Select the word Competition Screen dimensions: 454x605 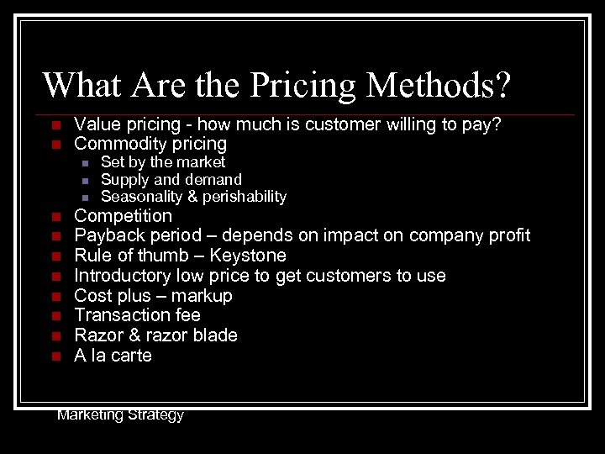[123, 215]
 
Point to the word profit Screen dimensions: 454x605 [508, 235]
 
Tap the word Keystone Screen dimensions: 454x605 [248, 256]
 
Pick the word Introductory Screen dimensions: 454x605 [123, 276]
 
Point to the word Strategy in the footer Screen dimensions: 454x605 [153, 414]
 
